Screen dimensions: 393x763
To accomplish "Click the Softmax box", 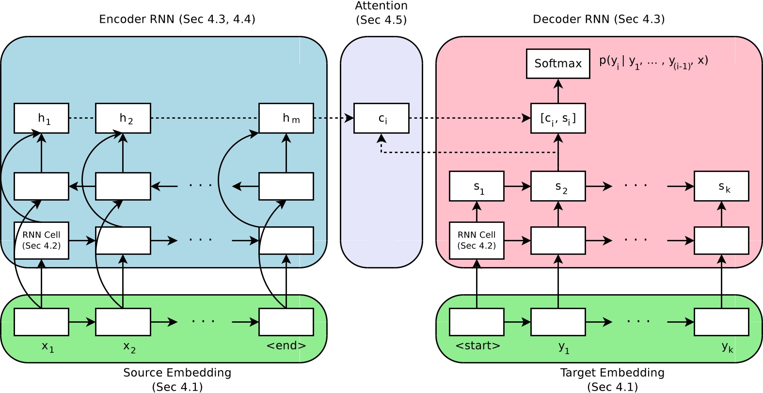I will tap(558, 63).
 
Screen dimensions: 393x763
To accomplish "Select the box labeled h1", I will tap(41, 118).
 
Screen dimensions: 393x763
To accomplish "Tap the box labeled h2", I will tap(123, 118).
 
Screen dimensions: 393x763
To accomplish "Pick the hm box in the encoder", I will tap(286, 118).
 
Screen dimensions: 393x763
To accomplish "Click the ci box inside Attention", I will tap(381, 118).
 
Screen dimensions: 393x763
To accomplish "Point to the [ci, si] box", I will tap(558, 118).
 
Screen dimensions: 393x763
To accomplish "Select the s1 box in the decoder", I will tap(477, 186).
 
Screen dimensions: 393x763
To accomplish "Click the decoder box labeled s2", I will tap(558, 186).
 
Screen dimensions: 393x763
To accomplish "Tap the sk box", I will tap(721, 186).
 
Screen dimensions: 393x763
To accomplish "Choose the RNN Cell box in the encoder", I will tap(41, 240).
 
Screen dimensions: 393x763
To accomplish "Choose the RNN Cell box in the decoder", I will tap(477, 240).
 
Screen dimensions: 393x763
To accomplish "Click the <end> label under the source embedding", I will tap(286, 346).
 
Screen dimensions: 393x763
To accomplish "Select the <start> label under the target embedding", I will tap(477, 346).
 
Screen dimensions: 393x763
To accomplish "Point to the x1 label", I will tap(47, 347).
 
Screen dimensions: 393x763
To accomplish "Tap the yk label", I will tap(727, 347).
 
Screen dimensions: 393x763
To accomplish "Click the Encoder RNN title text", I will tap(177, 19).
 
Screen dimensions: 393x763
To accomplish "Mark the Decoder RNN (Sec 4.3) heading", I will tap(599, 19).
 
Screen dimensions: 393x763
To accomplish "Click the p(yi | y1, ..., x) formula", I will tap(653, 62).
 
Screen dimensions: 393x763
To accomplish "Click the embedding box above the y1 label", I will tap(558, 322).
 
